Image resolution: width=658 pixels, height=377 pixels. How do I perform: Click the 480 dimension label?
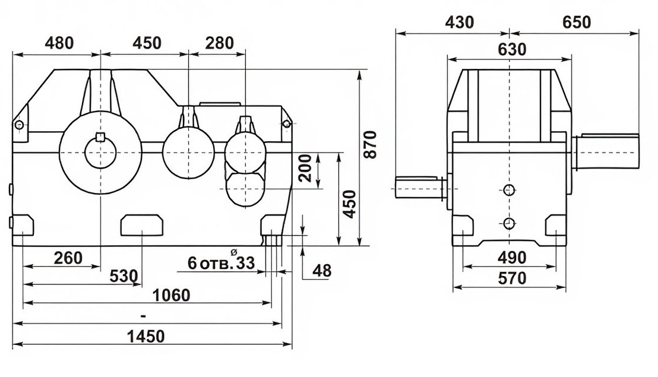(59, 43)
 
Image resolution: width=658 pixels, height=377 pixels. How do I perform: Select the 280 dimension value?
(220, 43)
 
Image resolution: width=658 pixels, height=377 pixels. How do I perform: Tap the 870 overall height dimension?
(370, 145)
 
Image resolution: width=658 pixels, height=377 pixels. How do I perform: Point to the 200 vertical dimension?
(307, 168)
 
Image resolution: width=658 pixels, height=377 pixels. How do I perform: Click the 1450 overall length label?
(147, 336)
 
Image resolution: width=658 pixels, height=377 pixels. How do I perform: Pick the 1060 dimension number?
(171, 295)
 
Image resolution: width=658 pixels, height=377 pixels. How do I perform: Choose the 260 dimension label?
(68, 258)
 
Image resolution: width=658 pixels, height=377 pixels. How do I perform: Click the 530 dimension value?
(124, 276)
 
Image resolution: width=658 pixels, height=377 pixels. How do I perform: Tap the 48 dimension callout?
(322, 271)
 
